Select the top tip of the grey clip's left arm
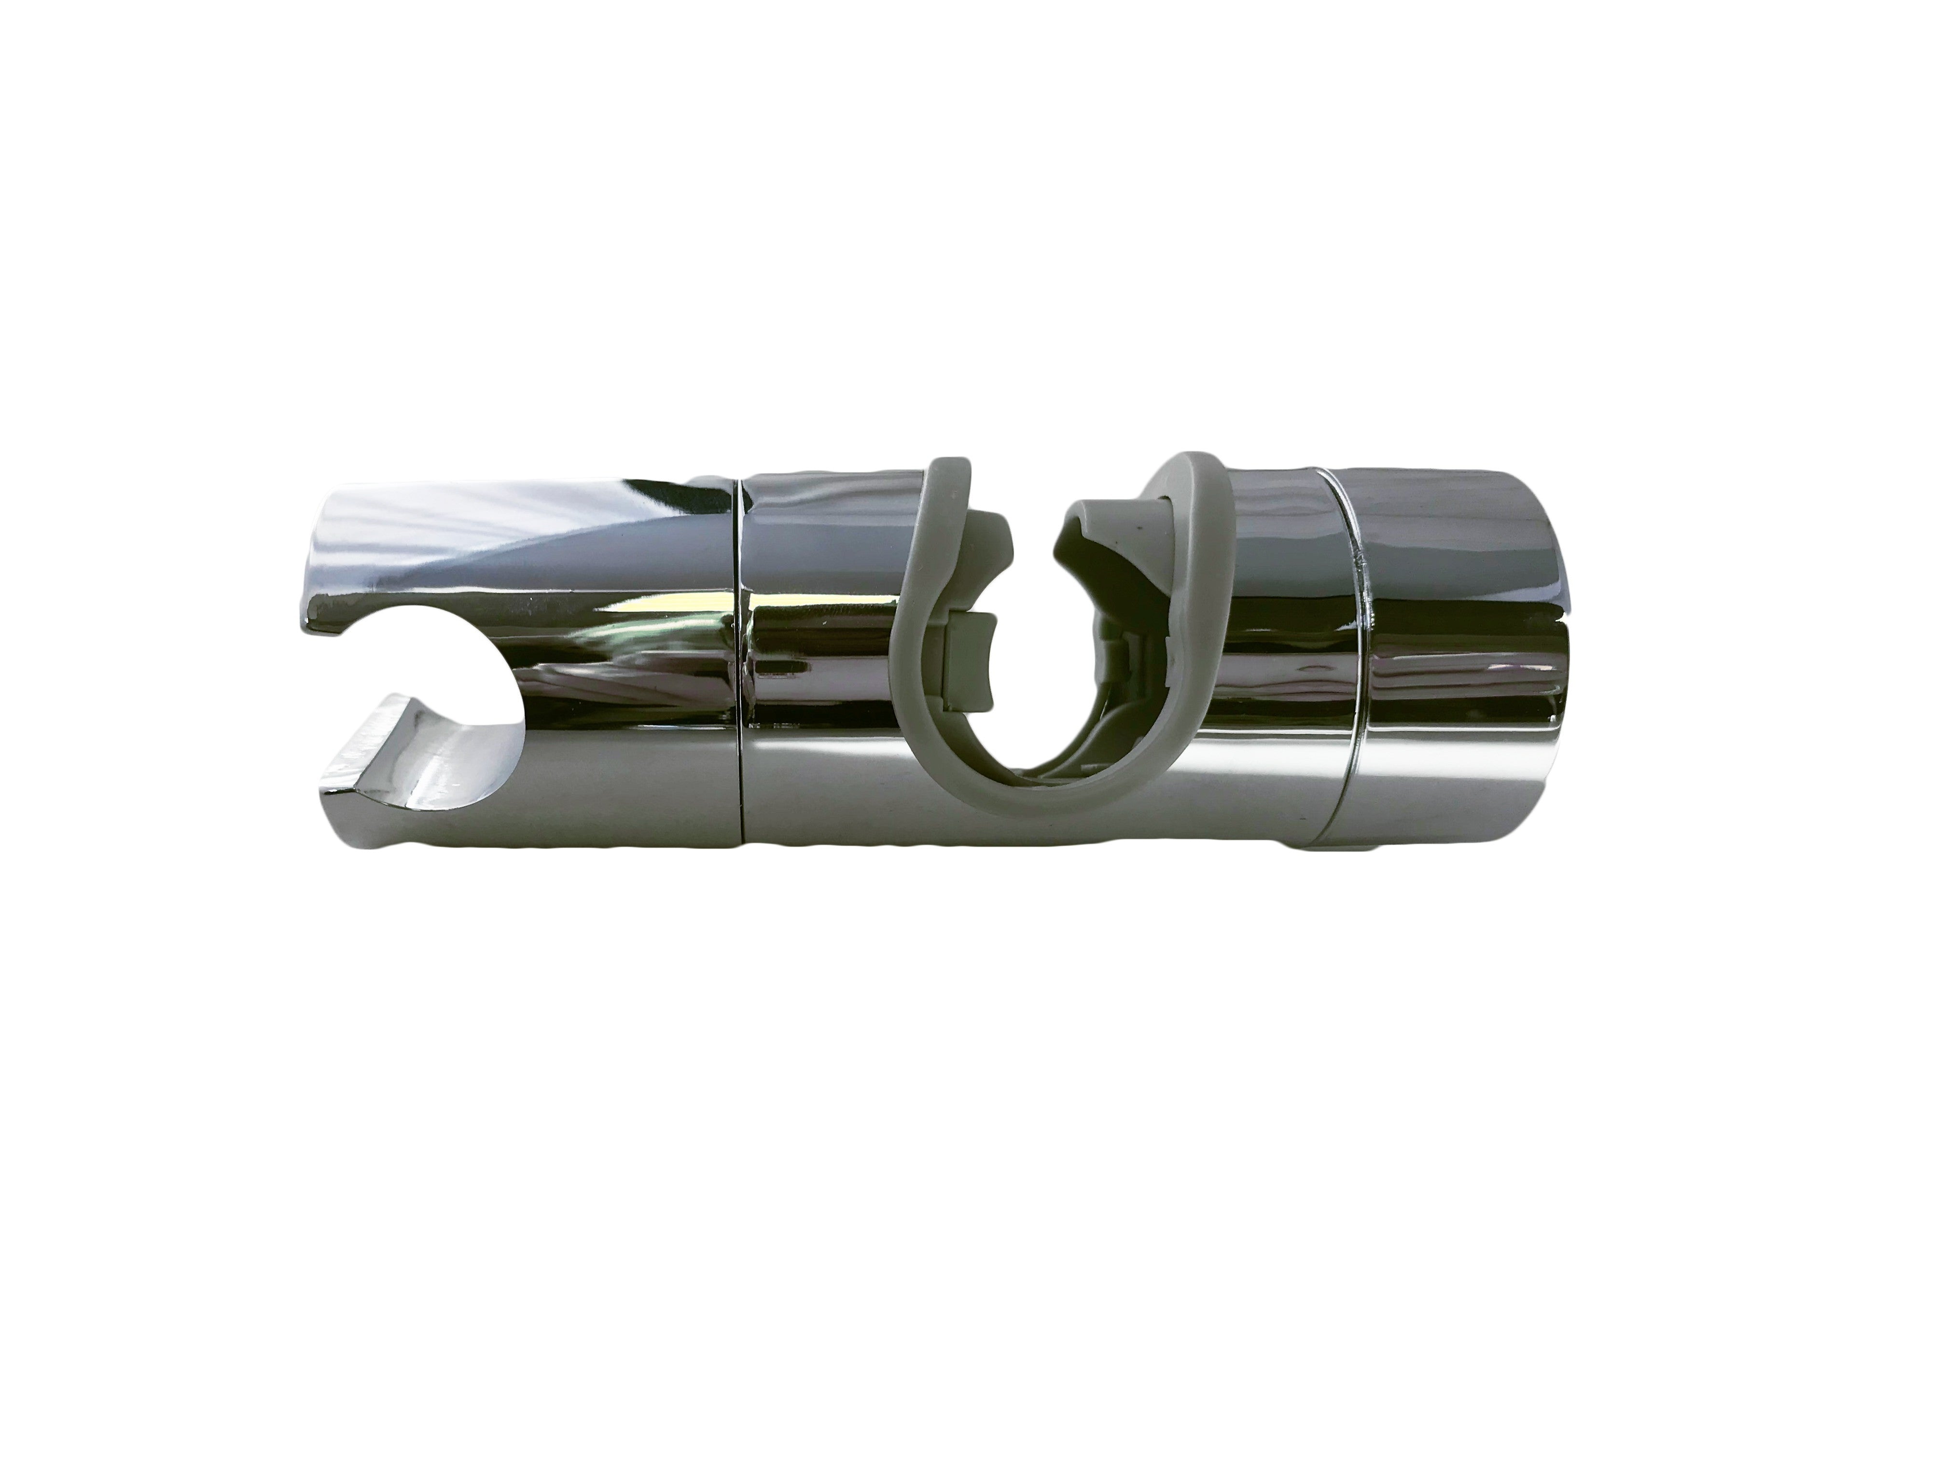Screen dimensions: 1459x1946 point(943,466)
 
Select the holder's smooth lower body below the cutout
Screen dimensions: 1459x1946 point(572,792)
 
